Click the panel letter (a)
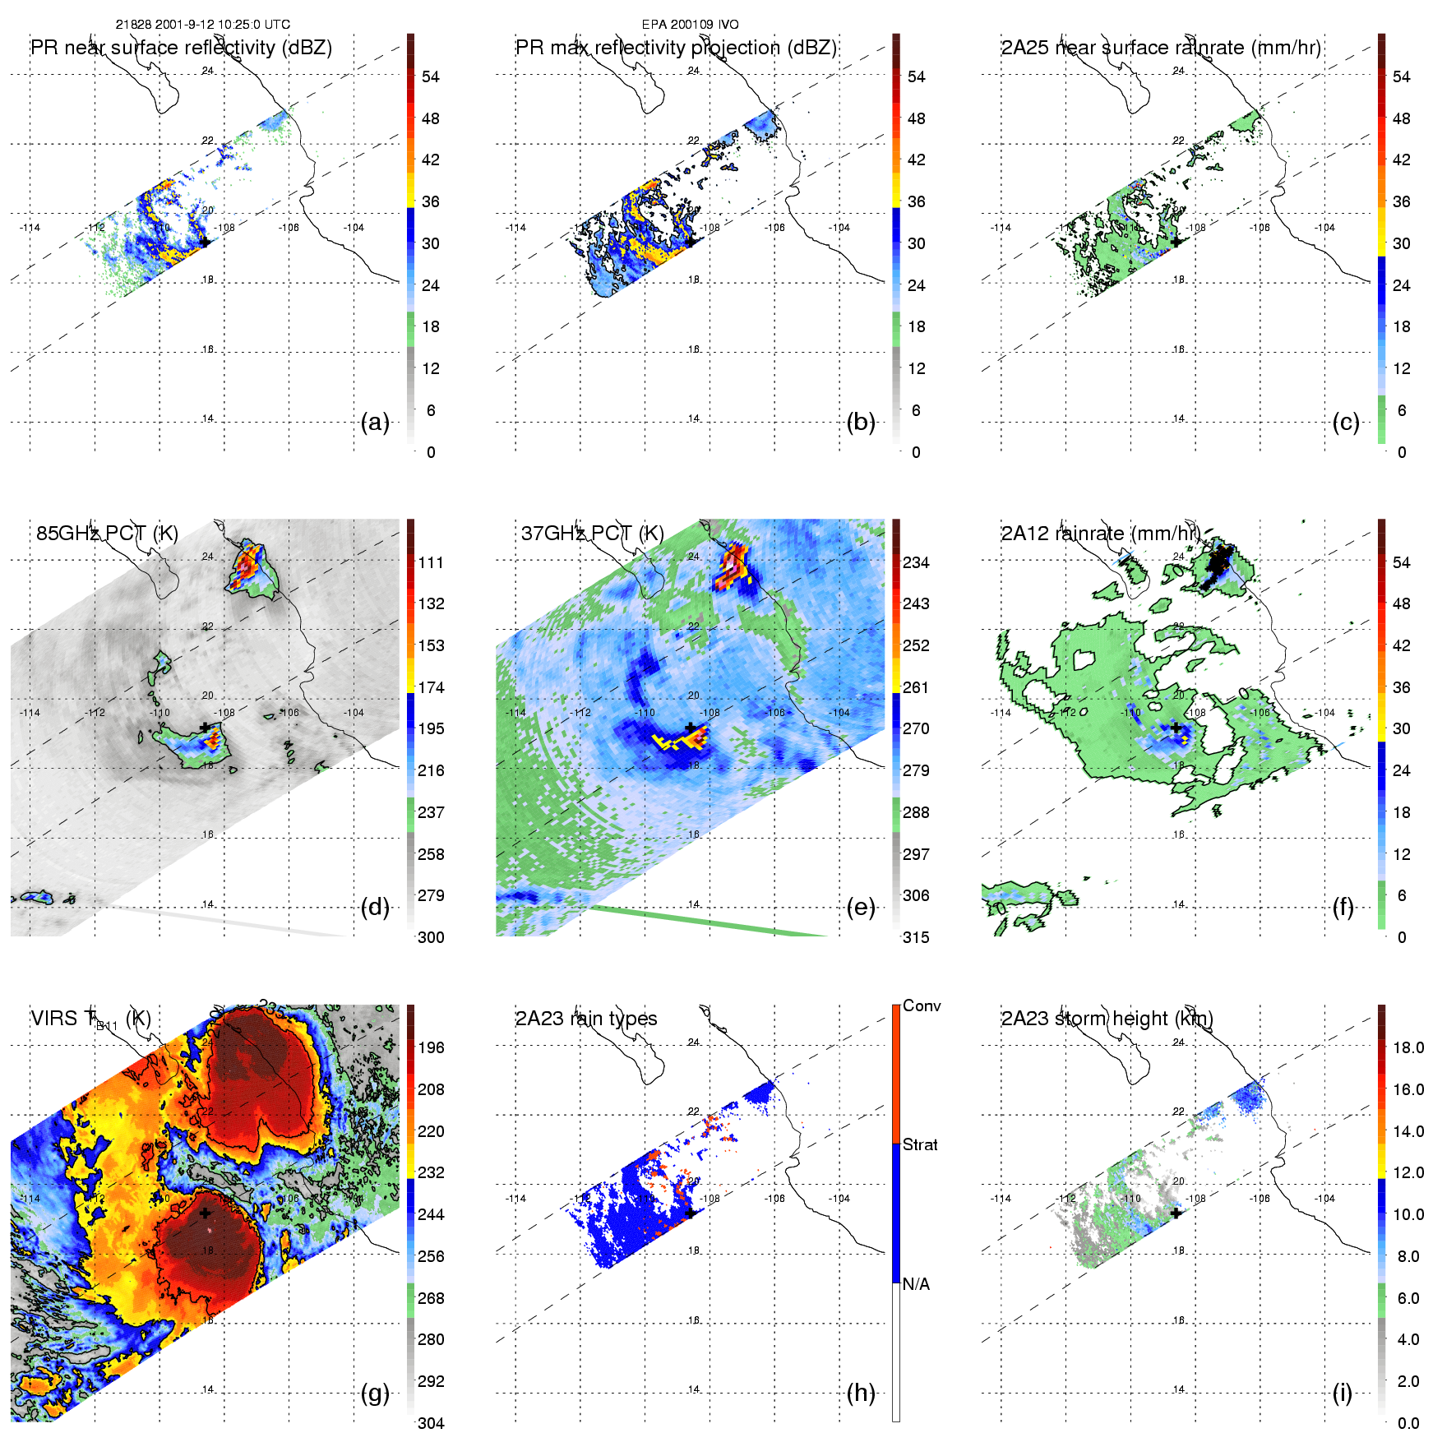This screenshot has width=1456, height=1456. coord(375,423)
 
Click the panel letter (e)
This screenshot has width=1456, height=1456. coord(860,908)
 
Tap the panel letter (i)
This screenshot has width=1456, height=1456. coord(1342,1394)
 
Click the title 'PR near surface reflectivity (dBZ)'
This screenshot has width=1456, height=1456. coord(182,48)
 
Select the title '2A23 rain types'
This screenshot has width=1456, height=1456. coord(586,1019)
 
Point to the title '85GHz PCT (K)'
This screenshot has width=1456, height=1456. coord(107,534)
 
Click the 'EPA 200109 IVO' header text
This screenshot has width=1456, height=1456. coord(690,25)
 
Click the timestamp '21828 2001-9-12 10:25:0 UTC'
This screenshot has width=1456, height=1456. coord(202,25)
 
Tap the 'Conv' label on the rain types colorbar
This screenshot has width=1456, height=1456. coord(922,1005)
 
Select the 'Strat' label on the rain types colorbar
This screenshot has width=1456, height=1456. coord(920,1144)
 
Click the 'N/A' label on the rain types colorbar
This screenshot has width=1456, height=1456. coord(916,1284)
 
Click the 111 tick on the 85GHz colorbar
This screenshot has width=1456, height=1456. coord(431,562)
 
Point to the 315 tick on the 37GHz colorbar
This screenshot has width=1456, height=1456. coord(916,937)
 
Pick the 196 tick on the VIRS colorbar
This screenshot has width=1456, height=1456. coord(431,1047)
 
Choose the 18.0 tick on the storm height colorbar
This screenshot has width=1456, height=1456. coord(1407,1047)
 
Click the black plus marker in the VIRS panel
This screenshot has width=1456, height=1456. coord(205,1213)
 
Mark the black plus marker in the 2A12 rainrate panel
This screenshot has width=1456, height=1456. coord(1176,728)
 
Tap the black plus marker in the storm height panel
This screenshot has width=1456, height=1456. coord(1176,1213)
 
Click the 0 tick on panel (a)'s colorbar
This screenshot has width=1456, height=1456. coord(431,452)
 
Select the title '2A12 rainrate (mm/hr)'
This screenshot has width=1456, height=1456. coord(1100,534)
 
